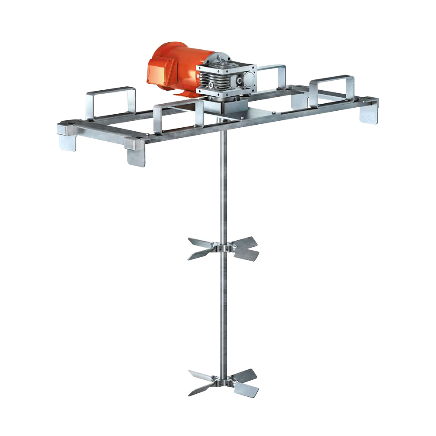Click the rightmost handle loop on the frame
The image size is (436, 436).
coord(332,87)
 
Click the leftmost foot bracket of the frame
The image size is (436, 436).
coord(68,142)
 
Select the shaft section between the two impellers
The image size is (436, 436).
coord(223,314)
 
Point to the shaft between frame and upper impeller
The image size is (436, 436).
coord(223,183)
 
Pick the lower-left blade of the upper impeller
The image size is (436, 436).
coord(200,255)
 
